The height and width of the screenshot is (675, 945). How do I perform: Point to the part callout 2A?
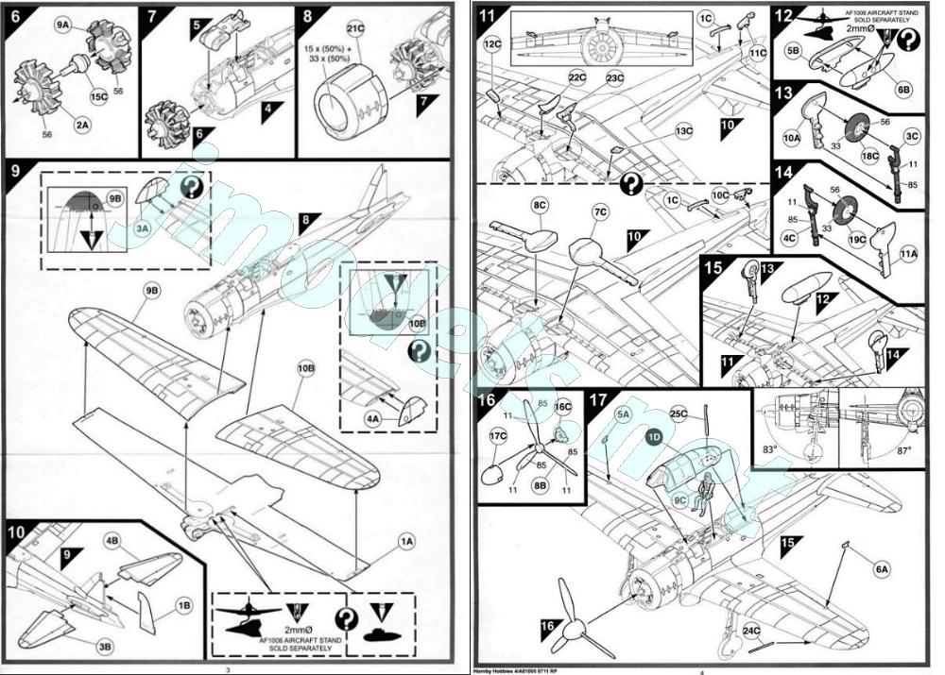point(82,124)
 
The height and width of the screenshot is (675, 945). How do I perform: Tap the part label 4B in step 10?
point(112,541)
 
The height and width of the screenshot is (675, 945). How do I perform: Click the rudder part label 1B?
point(184,603)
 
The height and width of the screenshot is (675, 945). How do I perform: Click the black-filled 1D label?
point(655,436)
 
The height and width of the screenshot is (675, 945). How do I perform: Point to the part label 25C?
point(679,413)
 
